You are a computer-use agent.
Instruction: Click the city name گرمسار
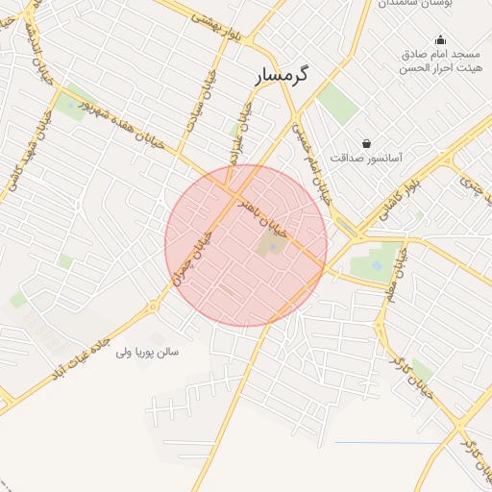pos(284,74)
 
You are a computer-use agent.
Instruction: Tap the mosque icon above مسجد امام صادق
pos(440,40)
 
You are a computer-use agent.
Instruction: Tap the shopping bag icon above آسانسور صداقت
pos(366,143)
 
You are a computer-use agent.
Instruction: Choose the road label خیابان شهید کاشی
pos(29,162)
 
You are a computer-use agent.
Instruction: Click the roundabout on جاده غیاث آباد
pos(153,307)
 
